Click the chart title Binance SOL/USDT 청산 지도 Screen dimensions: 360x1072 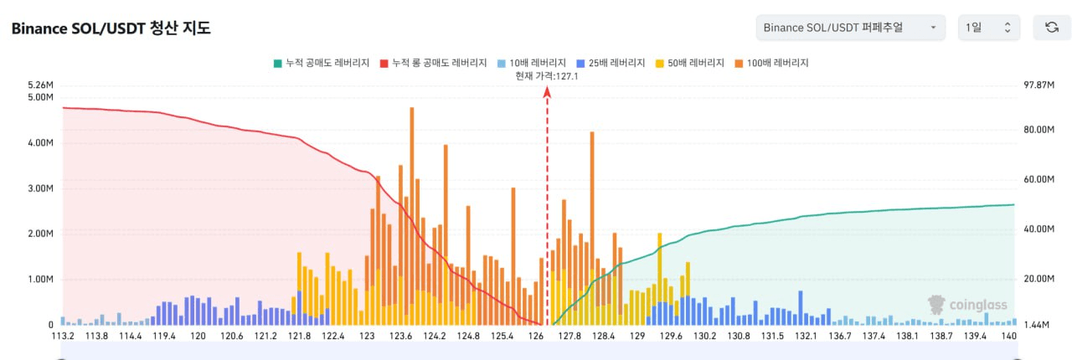pos(111,28)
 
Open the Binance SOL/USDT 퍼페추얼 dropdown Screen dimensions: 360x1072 pos(850,28)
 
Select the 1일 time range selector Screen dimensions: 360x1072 pos(988,28)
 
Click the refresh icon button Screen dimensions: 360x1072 pos(1051,28)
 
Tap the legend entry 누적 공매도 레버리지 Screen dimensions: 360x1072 pos(322,63)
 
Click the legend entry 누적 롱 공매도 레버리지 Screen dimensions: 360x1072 pos(433,63)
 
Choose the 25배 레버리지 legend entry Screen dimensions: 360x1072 pos(611,63)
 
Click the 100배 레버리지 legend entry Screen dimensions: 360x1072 pos(771,63)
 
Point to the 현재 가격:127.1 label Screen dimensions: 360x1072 pos(547,76)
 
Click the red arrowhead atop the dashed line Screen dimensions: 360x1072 pos(547,94)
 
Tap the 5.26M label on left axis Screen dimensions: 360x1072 pos(41,85)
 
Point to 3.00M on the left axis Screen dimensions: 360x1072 pos(41,188)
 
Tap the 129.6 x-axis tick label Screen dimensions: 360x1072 pos(672,336)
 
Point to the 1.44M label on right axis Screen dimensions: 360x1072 pos(1038,323)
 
